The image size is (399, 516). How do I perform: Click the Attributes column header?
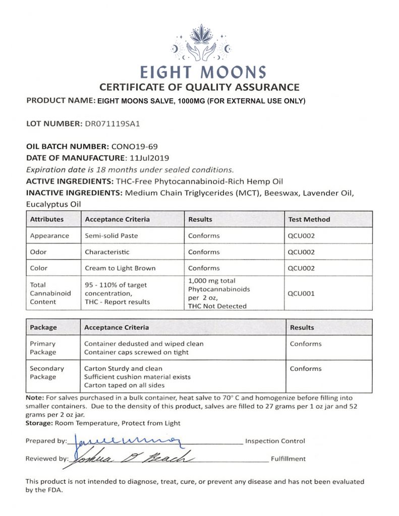click(x=47, y=219)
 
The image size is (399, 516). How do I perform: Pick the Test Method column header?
click(x=309, y=219)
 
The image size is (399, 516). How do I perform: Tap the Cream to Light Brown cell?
click(x=120, y=268)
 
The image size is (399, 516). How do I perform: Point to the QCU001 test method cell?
click(x=301, y=293)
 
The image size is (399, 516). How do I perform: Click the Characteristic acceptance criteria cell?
click(x=107, y=251)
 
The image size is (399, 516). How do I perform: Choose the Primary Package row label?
click(x=43, y=348)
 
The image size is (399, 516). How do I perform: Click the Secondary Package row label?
click(x=47, y=372)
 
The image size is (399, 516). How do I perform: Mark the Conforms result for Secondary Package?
click(x=306, y=368)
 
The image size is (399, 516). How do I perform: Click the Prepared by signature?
click(x=126, y=441)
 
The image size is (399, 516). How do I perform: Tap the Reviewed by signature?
click(x=131, y=458)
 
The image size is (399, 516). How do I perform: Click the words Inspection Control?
click(x=275, y=441)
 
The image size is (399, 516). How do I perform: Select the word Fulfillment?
click(x=288, y=459)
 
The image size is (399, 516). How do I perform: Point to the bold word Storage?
click(x=42, y=423)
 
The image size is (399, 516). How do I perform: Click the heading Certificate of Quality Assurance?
click(x=199, y=87)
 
